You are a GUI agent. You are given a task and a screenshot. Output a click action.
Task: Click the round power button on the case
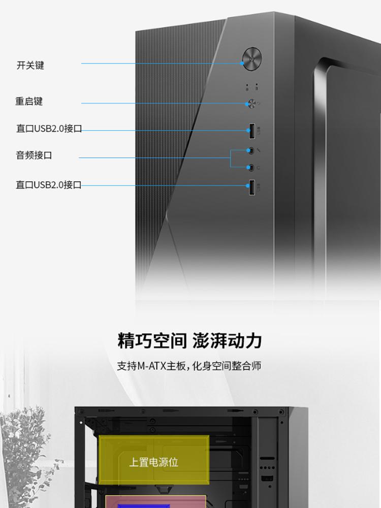[252, 59]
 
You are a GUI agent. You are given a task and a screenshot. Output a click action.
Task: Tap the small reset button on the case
[251, 104]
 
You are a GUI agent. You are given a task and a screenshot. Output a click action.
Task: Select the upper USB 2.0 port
[252, 131]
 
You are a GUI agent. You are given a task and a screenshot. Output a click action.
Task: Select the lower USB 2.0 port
[252, 187]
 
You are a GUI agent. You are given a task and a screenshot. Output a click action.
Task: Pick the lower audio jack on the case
[250, 168]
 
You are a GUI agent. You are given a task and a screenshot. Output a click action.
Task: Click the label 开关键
[30, 65]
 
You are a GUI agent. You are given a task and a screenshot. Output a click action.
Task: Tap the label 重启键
[29, 102]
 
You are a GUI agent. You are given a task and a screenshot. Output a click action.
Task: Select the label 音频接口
[34, 155]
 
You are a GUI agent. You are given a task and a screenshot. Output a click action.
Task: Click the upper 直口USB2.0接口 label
[49, 129]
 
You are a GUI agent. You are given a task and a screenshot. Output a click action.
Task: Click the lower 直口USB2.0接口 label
[49, 185]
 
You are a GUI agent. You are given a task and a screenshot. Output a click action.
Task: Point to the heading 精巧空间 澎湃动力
[189, 340]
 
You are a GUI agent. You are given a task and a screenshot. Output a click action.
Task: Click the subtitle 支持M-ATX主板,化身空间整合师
[189, 366]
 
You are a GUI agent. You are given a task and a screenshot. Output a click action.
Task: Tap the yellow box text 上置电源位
[153, 462]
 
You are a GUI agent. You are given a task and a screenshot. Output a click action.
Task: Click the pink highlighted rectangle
[156, 501]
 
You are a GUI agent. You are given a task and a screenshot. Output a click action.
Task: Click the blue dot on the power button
[242, 63]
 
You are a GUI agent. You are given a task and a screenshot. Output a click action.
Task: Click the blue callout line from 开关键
[162, 63]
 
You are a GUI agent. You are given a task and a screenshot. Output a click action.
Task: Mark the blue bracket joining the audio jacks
[230, 158]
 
